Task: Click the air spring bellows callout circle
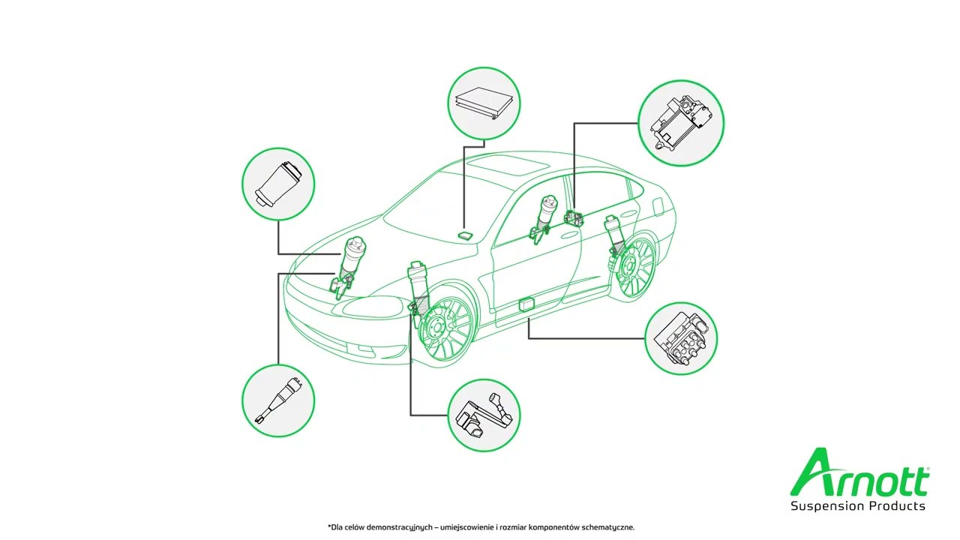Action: click(278, 184)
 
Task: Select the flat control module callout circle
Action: click(484, 103)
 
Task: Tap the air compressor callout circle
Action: click(681, 123)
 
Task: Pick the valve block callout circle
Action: click(681, 338)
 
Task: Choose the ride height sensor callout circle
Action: click(484, 415)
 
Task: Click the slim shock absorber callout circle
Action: click(278, 400)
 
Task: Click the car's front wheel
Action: click(445, 328)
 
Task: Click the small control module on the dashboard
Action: click(464, 235)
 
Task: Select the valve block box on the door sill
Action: click(527, 304)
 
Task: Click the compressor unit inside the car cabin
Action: click(574, 217)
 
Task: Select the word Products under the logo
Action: click(898, 505)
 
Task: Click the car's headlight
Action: click(373, 307)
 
